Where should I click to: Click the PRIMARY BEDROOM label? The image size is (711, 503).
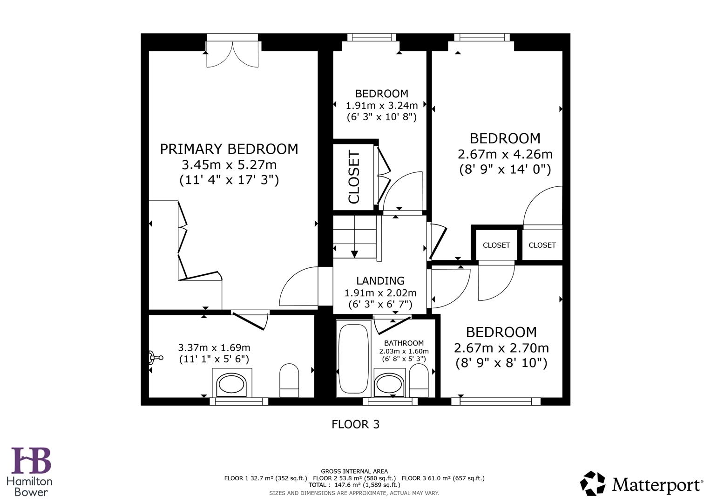[229, 149]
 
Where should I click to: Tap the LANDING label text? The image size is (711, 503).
[380, 281]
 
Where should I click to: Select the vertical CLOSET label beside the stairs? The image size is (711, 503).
[354, 177]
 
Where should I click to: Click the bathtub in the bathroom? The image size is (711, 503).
[354, 359]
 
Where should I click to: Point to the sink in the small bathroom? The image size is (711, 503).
[390, 384]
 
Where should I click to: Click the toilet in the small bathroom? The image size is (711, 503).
[418, 380]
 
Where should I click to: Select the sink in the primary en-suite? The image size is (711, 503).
[232, 384]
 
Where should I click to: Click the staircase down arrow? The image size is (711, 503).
[354, 254]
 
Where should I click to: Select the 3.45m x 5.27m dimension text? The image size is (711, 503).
[229, 164]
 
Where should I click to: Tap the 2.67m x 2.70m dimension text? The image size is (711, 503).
[501, 348]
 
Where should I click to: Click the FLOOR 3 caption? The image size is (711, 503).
[355, 424]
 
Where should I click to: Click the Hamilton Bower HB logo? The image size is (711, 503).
[31, 461]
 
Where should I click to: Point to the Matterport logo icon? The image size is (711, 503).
[593, 483]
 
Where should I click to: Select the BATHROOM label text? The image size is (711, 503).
[404, 343]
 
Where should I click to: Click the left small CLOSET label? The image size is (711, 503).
[496, 245]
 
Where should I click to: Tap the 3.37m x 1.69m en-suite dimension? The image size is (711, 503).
[214, 347]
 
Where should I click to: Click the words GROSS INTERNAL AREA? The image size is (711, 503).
[354, 471]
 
